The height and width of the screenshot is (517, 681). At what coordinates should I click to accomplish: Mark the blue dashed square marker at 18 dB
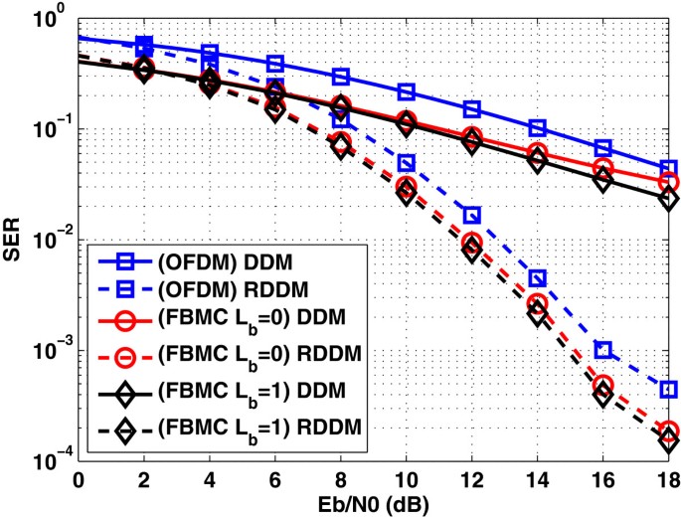click(x=669, y=389)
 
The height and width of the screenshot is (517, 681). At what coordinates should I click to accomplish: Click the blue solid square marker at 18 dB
click(x=669, y=169)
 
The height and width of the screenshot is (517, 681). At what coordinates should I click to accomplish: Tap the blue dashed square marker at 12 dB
click(x=471, y=215)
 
